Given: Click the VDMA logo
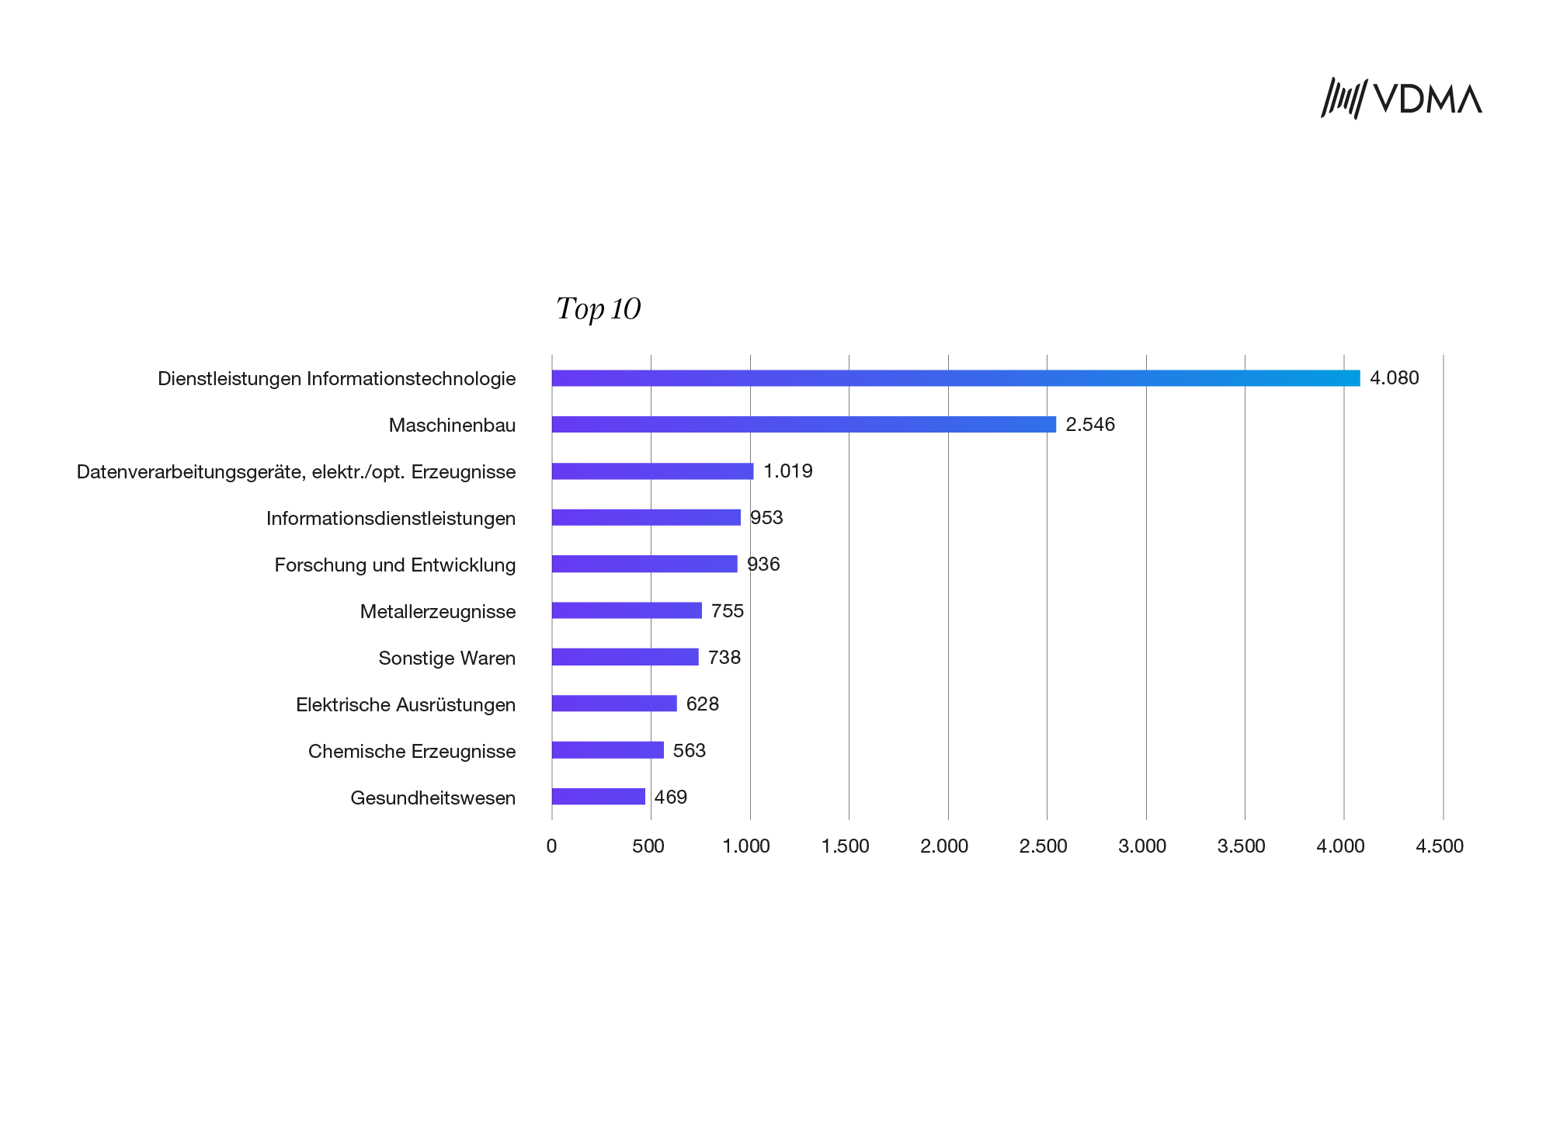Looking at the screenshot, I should point(1401,99).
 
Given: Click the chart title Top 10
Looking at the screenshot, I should point(598,309).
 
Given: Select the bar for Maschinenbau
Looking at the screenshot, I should point(804,425).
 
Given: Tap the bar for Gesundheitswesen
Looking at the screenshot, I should point(598,797).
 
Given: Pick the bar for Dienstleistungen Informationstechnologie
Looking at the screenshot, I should point(955,378).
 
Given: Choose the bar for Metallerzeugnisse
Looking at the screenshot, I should point(627,610).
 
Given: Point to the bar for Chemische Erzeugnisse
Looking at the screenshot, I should point(607,750).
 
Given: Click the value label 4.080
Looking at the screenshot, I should point(1394,378).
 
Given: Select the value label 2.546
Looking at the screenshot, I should point(1090,425).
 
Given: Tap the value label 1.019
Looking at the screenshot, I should point(787,471).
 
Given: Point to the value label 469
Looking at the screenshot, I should point(671,798).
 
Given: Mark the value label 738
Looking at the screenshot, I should point(724,658).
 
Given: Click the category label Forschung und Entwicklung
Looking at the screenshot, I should point(394,565).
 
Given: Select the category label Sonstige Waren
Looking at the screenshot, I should point(446,658).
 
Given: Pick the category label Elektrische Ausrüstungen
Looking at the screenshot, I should point(405,704).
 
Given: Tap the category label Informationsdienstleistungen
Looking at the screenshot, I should point(391,518).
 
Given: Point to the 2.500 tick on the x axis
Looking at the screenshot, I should point(1043,846).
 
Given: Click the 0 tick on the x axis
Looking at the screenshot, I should point(551,846).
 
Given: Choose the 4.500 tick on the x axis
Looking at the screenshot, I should point(1440,846).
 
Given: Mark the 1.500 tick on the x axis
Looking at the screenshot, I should point(845,846).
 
